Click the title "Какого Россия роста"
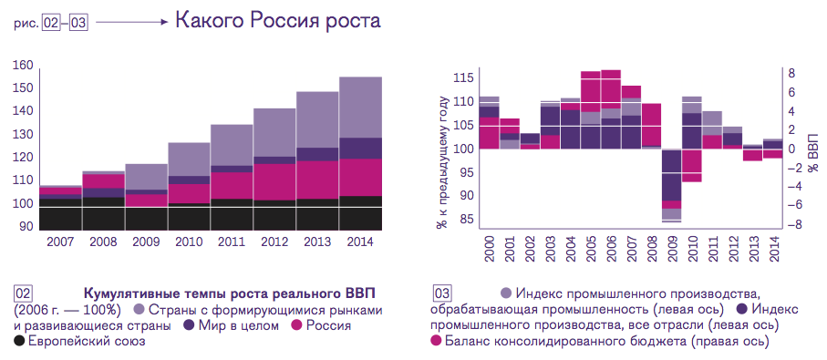pyautogui.click(x=278, y=22)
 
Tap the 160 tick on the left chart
pyautogui.click(x=26, y=66)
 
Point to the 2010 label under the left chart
pyautogui.click(x=189, y=242)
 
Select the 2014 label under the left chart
pyautogui.click(x=360, y=242)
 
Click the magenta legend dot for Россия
pyautogui.click(x=296, y=325)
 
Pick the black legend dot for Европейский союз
pyautogui.click(x=19, y=341)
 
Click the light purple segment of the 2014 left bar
pyautogui.click(x=360, y=108)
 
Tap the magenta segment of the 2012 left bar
pyautogui.click(x=274, y=182)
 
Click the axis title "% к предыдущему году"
pyautogui.click(x=442, y=163)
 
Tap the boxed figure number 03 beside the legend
pyautogui.click(x=442, y=293)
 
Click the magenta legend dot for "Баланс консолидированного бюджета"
pyautogui.click(x=436, y=341)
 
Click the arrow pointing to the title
pyautogui.click(x=132, y=22)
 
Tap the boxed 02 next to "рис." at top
pyautogui.click(x=50, y=25)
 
